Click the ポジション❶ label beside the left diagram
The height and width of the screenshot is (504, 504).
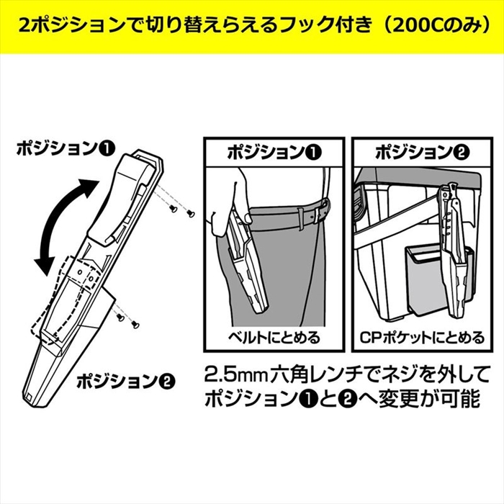(66, 149)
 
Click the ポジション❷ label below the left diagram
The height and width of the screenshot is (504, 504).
(125, 382)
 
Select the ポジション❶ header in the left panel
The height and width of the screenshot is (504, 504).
(274, 153)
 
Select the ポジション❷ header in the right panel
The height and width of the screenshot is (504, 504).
(422, 153)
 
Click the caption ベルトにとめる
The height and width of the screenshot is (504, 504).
(274, 337)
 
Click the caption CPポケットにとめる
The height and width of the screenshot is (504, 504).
(422, 337)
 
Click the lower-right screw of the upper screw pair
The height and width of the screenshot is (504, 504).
(191, 213)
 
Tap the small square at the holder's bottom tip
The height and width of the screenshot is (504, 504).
(29, 397)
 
